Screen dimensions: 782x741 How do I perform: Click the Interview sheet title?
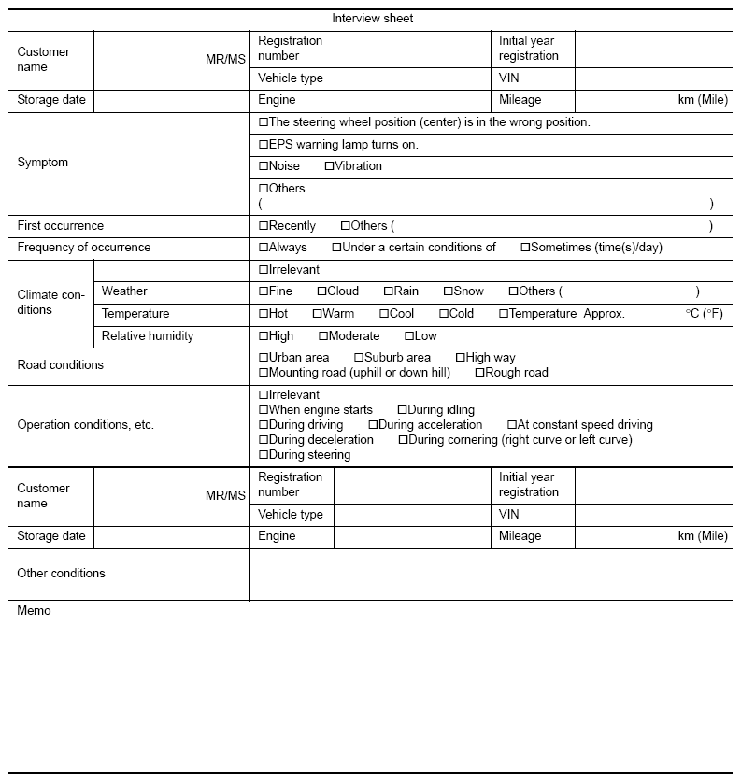click(x=372, y=19)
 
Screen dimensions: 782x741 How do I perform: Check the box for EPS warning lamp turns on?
click(x=264, y=145)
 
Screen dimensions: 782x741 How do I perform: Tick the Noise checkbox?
click(x=264, y=166)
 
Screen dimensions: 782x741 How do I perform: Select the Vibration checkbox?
click(x=329, y=166)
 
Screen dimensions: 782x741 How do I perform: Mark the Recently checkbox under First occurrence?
click(x=264, y=226)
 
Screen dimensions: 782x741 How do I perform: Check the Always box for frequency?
click(x=264, y=248)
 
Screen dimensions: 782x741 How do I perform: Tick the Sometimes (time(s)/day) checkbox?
click(x=525, y=248)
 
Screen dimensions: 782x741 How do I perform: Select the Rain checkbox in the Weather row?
click(x=388, y=291)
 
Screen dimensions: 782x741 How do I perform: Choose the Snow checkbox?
click(x=448, y=291)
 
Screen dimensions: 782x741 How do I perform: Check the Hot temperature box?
click(x=264, y=314)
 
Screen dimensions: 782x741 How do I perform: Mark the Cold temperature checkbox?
click(x=443, y=314)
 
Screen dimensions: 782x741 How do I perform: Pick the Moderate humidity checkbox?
click(x=323, y=336)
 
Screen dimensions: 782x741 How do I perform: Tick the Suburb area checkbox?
click(x=359, y=358)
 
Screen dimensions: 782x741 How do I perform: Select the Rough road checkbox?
click(x=479, y=373)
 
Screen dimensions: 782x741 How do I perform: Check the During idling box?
click(x=402, y=410)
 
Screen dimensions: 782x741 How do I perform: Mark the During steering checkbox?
click(x=264, y=455)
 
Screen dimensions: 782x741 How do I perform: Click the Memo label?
click(x=35, y=611)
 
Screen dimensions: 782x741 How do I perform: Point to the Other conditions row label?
click(x=61, y=574)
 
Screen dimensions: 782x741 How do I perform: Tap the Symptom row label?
click(x=42, y=163)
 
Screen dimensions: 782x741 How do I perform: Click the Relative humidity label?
click(x=148, y=336)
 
